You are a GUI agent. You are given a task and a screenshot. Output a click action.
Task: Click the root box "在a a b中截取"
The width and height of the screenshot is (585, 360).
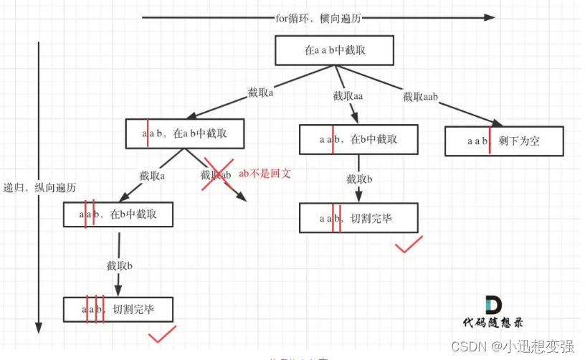pos(334,52)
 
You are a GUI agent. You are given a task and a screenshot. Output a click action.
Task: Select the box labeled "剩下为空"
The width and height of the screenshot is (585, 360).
pos(504,141)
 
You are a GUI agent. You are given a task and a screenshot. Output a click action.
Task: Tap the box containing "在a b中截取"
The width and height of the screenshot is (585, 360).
pos(185,134)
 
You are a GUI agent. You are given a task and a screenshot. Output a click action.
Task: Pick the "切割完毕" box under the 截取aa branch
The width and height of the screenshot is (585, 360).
pos(358,218)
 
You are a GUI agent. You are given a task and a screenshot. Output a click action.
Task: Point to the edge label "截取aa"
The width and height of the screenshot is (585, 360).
pos(348,96)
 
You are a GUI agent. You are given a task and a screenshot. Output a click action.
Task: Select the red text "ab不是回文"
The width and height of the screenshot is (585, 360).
pos(267,173)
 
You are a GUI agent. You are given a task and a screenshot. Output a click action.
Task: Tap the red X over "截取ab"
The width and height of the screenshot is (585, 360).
pos(218,175)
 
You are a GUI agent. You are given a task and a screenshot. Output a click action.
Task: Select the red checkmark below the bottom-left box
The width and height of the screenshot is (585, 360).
pos(162,336)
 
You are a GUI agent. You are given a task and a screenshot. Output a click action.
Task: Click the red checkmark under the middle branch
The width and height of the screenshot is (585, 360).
pos(409,246)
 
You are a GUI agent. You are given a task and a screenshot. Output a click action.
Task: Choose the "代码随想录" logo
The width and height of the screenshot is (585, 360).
pos(495,313)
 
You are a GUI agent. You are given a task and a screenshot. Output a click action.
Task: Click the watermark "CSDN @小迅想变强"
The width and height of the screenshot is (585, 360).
pos(513,346)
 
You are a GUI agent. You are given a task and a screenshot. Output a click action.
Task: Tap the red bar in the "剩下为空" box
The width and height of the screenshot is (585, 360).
pos(490,141)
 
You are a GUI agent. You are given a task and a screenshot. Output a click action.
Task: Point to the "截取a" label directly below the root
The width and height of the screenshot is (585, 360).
pos(261,93)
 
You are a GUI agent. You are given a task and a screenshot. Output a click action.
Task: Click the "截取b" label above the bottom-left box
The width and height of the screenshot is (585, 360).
pos(120,265)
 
